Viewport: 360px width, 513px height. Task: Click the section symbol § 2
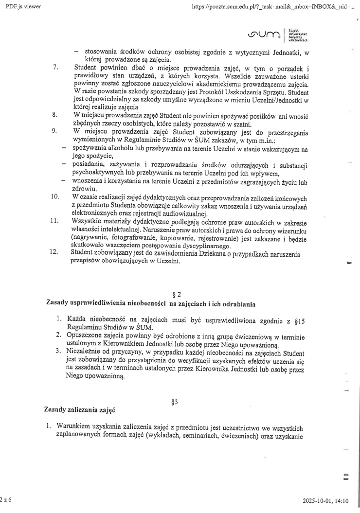(177, 295)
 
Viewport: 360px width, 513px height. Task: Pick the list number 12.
(55, 252)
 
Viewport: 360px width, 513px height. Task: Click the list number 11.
(55, 220)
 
